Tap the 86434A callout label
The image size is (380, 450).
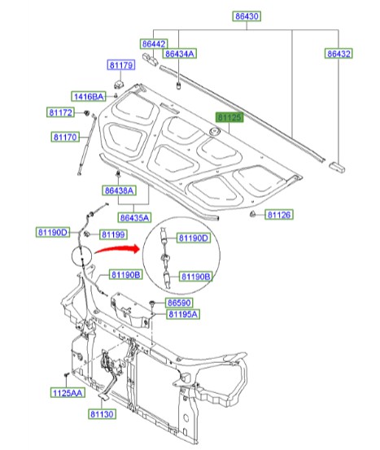click(x=179, y=54)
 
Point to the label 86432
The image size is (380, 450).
click(x=339, y=54)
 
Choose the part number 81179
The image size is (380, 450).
click(x=120, y=64)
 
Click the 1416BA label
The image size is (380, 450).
click(x=88, y=97)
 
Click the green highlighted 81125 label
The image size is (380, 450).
click(x=229, y=118)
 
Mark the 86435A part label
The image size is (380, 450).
click(x=134, y=217)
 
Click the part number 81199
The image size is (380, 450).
click(x=112, y=234)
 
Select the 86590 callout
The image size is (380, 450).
click(x=180, y=302)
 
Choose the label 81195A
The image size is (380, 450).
click(x=184, y=314)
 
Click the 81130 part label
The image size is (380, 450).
click(x=104, y=414)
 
